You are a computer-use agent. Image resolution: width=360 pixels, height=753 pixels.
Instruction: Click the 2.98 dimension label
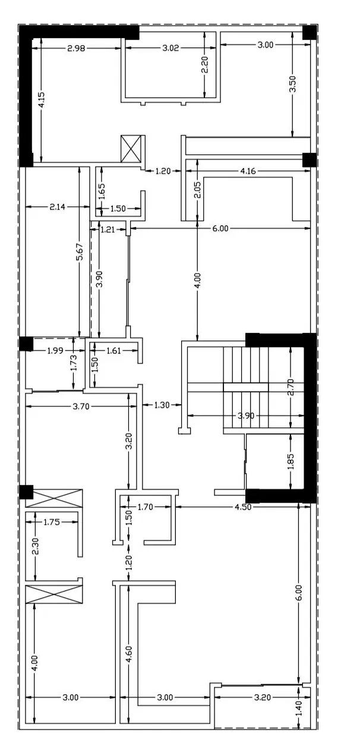[x=76, y=48]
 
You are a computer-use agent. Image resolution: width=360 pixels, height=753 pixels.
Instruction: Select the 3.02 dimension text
[x=170, y=48]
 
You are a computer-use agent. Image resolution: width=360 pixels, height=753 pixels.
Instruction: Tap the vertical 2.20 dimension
[x=205, y=65]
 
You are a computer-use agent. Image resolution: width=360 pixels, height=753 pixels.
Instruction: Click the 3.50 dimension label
[x=292, y=84]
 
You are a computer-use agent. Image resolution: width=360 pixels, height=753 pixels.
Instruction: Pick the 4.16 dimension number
[x=248, y=171]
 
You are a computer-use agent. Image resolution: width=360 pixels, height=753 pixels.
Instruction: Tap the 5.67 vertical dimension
[x=80, y=252]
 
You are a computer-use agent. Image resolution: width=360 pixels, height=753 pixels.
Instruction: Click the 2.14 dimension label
[x=58, y=207]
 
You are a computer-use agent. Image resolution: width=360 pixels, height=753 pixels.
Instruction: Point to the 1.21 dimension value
[x=108, y=229]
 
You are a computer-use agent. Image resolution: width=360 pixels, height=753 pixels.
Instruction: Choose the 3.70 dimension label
[x=81, y=407]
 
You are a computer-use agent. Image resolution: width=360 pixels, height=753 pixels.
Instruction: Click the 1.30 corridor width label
[x=162, y=405]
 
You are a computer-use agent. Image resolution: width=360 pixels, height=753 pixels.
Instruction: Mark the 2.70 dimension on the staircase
[x=291, y=387]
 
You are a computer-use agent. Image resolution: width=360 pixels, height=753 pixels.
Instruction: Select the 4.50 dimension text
[x=243, y=507]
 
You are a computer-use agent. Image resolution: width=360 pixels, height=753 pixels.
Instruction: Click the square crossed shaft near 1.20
[x=130, y=149]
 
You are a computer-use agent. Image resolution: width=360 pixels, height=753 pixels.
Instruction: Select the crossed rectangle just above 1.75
[x=54, y=498]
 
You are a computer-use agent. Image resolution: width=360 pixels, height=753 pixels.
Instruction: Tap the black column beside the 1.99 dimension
[x=26, y=344]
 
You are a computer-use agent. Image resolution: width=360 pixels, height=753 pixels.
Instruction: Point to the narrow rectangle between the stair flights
[x=246, y=387]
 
